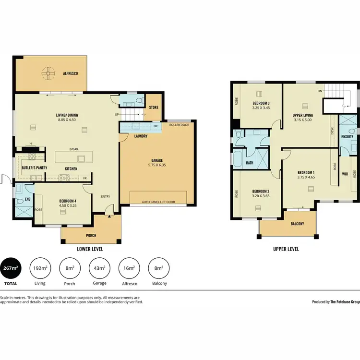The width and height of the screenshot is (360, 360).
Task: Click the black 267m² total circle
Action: (x=11, y=268)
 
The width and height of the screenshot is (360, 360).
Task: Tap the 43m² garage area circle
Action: (x=99, y=268)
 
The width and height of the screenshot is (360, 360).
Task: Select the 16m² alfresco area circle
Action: (x=129, y=268)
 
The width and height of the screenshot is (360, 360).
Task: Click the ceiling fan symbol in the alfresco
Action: (x=48, y=74)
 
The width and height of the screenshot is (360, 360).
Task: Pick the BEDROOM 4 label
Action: (x=67, y=201)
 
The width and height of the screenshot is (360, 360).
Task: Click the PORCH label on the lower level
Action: (x=91, y=235)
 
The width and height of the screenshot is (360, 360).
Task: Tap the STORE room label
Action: (x=154, y=108)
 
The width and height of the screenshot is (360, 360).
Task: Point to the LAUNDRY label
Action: (x=141, y=136)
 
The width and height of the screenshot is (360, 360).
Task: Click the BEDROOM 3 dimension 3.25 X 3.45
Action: (x=262, y=108)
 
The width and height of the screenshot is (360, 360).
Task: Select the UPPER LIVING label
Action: (x=303, y=116)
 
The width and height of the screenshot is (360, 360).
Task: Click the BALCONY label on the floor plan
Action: (x=297, y=224)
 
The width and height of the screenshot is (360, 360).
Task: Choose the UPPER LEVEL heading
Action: (x=286, y=249)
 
